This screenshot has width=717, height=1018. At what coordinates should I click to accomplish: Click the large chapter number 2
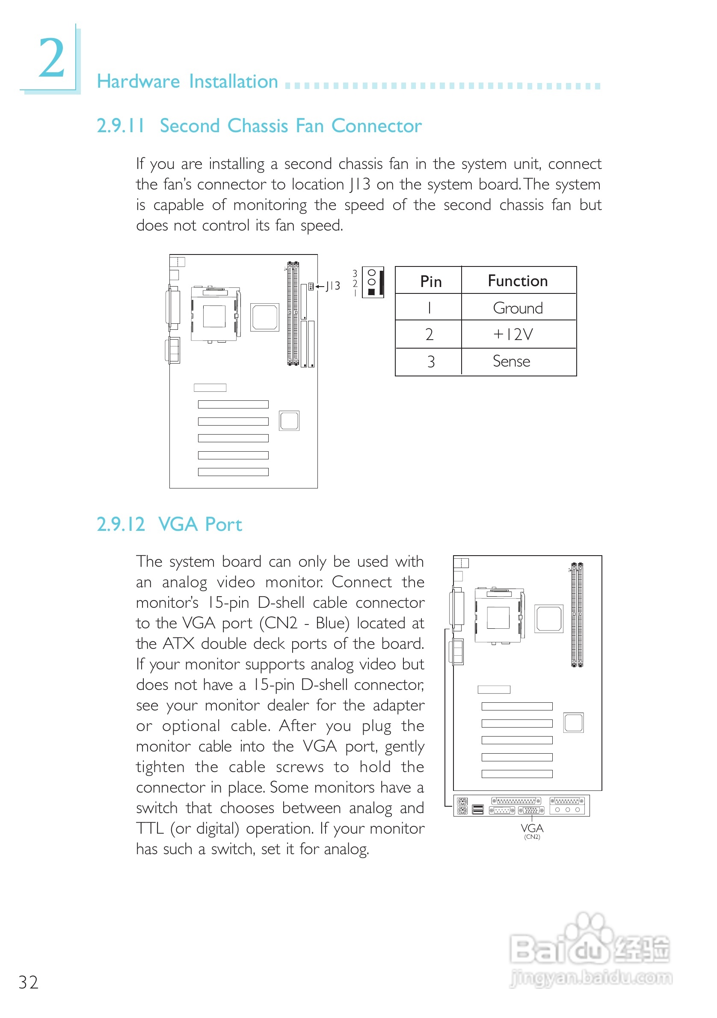tap(51, 58)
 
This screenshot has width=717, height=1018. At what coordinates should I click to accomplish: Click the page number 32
tap(28, 982)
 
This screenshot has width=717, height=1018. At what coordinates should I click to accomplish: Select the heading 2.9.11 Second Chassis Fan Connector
tap(259, 126)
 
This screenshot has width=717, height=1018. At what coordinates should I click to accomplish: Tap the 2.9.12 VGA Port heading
tap(169, 524)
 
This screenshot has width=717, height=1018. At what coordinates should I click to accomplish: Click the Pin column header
tap(430, 281)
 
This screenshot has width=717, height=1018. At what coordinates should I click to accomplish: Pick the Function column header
tap(518, 281)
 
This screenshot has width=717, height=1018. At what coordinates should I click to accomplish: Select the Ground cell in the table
tap(518, 308)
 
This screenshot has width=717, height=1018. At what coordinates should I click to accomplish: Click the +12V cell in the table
tap(513, 334)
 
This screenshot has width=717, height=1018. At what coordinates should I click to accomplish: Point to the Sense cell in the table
tap(511, 361)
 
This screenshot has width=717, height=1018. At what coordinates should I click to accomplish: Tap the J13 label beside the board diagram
tap(332, 286)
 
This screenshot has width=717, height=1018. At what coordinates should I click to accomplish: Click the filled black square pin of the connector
tap(372, 292)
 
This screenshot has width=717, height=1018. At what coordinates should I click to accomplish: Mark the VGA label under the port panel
tap(532, 828)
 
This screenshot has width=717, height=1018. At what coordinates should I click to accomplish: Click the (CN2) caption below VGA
tap(532, 837)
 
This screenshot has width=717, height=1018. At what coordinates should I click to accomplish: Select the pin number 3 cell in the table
tap(430, 362)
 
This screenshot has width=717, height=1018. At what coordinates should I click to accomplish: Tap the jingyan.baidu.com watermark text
tap(591, 978)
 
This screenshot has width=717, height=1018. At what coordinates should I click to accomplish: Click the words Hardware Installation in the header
tap(187, 82)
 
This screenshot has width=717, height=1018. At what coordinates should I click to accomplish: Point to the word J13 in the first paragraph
tap(360, 184)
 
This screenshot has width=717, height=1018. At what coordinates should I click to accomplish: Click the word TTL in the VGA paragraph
tap(150, 828)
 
